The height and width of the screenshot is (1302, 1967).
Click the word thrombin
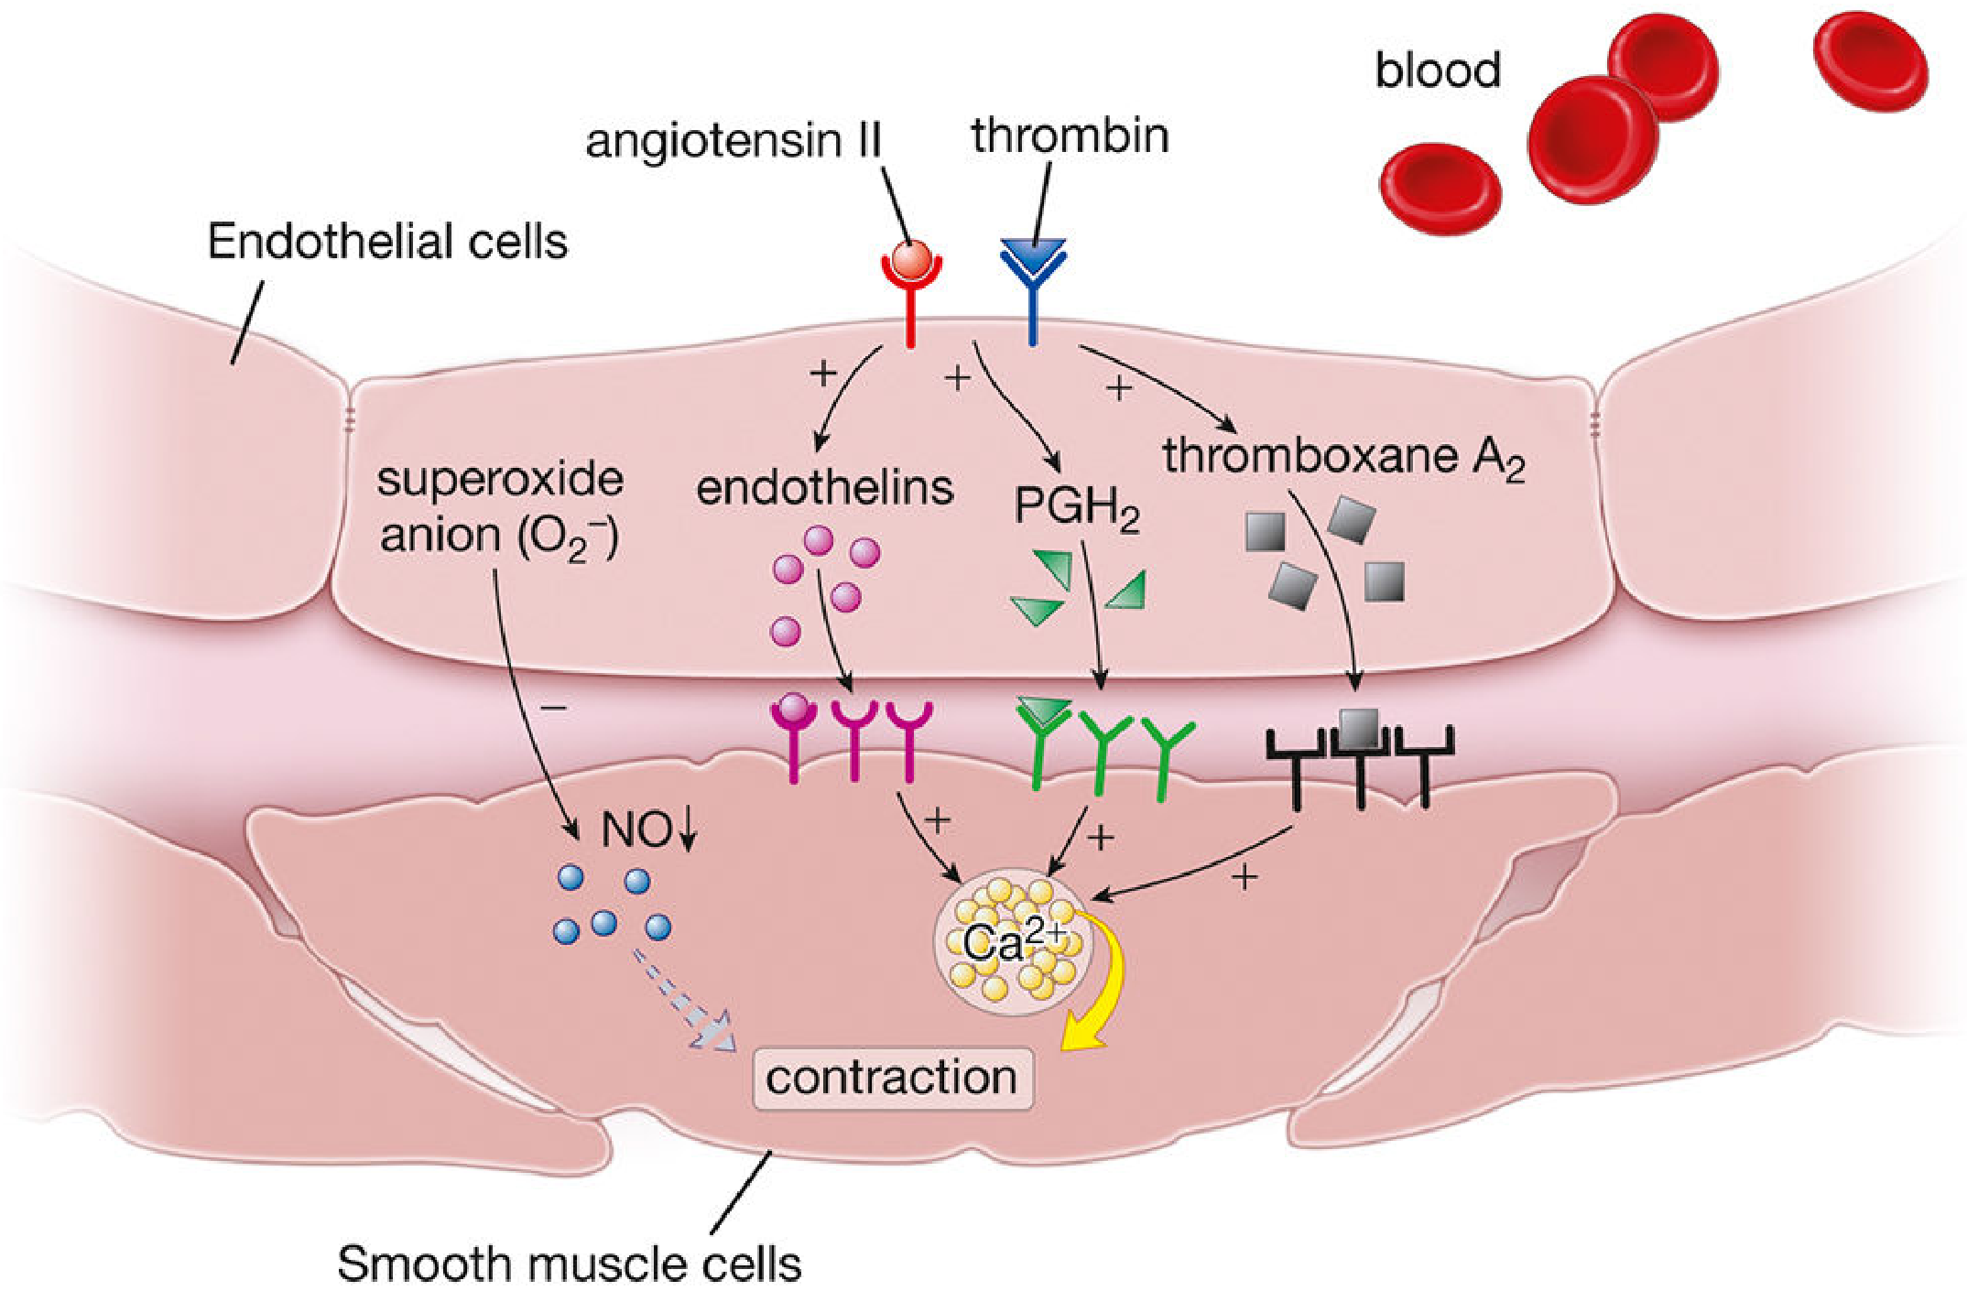(1070, 136)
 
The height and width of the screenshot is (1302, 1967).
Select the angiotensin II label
(733, 141)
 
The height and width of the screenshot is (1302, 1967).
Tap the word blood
(1438, 71)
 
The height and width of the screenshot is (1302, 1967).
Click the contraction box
(892, 1078)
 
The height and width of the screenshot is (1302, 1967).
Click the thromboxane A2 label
(1342, 457)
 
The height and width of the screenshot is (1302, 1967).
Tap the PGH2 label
(1076, 506)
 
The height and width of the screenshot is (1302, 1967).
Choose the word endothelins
(824, 488)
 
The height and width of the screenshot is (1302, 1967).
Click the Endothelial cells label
(387, 242)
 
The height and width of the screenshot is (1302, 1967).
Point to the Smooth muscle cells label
(569, 1264)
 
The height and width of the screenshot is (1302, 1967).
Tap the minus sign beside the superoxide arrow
(555, 708)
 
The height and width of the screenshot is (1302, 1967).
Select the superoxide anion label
(500, 507)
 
